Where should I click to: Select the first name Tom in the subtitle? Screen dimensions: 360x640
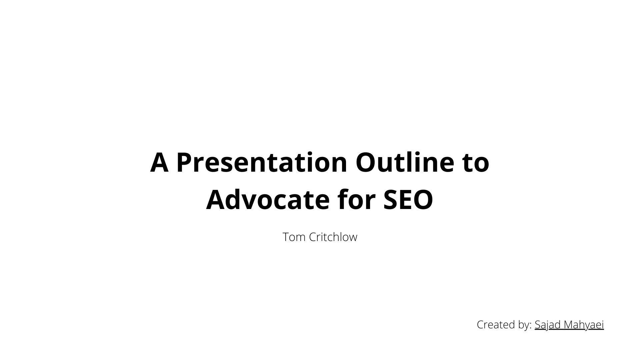click(294, 237)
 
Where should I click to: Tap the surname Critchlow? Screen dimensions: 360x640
click(333, 237)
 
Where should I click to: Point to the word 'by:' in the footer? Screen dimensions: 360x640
click(523, 325)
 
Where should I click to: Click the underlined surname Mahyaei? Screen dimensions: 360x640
click(584, 324)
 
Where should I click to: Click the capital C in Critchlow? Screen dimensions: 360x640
click(312, 237)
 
